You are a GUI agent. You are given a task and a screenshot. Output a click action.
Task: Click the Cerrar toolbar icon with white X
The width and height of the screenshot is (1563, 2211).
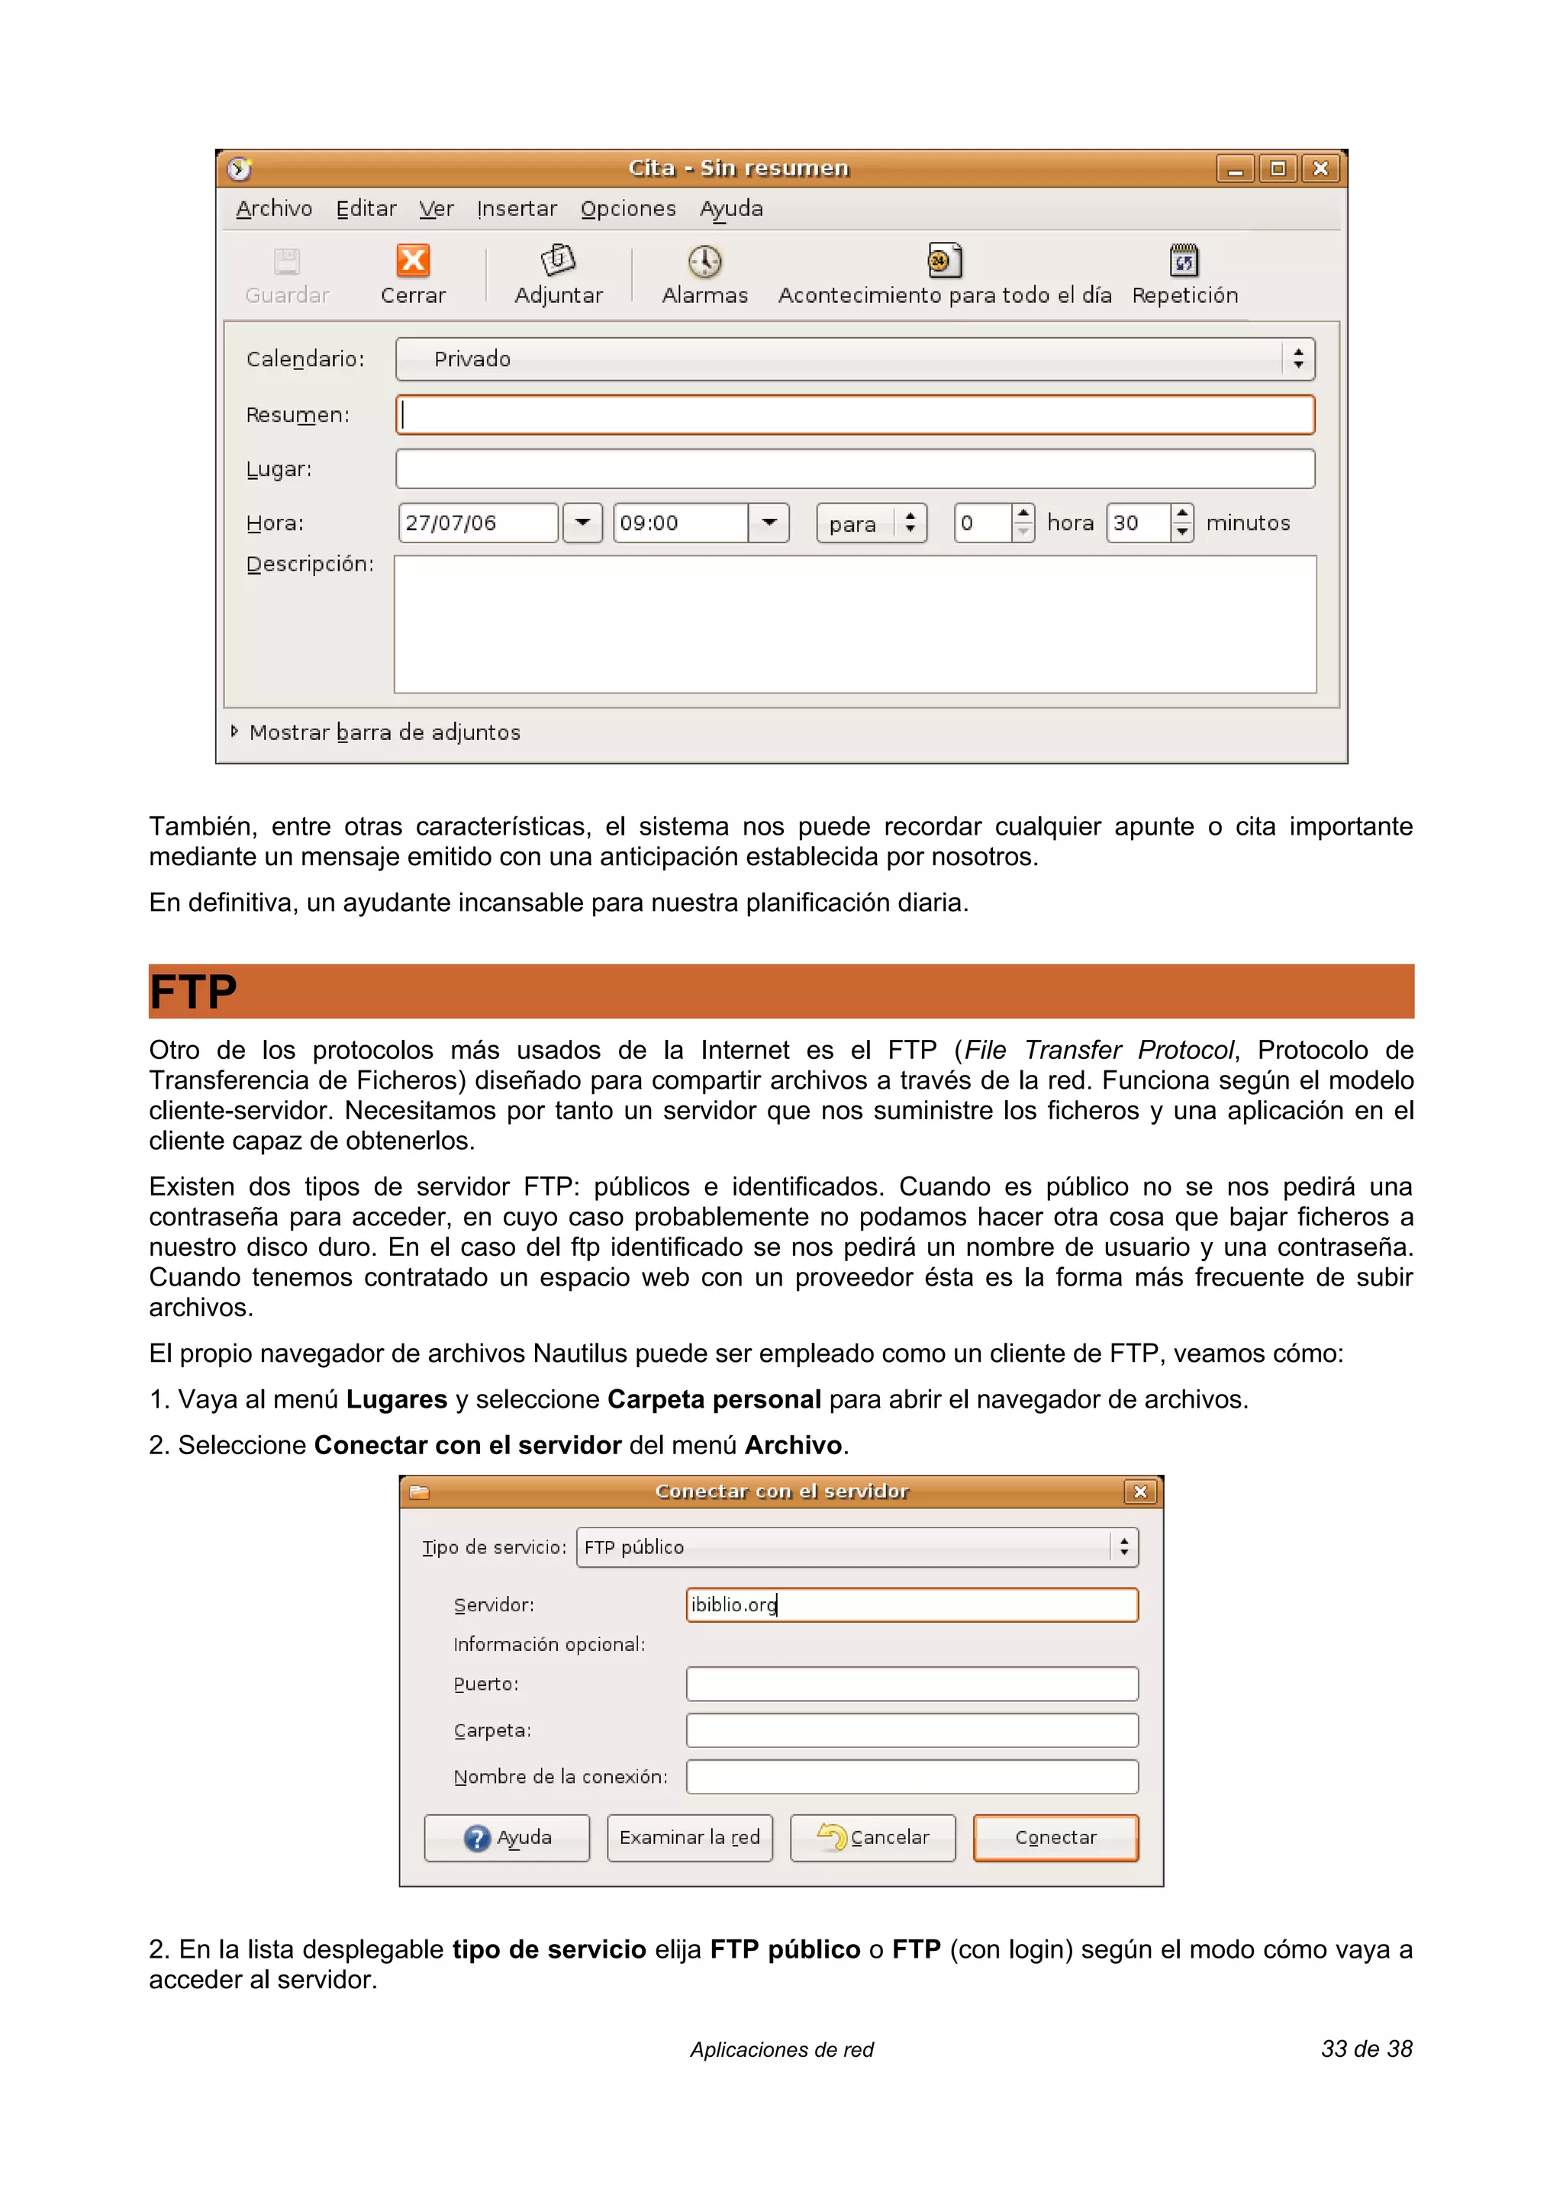[x=413, y=261]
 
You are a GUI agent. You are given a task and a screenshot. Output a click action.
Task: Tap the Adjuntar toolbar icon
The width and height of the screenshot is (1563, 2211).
[x=558, y=260]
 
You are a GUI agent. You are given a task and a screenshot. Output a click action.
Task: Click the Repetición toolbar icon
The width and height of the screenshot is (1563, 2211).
[x=1184, y=260]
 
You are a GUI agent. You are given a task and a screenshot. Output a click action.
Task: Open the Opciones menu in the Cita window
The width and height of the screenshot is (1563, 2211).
[x=628, y=209]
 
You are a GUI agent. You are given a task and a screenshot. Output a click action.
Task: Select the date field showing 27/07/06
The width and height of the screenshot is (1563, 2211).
[x=478, y=523]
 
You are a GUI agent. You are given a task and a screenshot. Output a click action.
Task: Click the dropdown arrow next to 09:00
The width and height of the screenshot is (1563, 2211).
[x=769, y=523]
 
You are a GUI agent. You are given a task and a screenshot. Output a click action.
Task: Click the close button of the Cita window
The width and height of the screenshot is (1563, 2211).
[x=1321, y=169]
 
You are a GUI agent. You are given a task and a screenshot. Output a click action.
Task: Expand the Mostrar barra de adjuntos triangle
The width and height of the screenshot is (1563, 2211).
[x=234, y=732]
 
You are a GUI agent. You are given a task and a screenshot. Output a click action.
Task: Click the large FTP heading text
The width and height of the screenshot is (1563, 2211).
[x=194, y=992]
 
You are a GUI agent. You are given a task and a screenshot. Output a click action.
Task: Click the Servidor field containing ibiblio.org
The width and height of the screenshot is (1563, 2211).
[x=911, y=1604]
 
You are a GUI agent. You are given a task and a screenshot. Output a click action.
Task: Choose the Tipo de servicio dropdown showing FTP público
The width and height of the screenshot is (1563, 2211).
[x=856, y=1546]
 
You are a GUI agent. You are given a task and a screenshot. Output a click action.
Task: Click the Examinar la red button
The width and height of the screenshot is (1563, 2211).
[x=689, y=1837]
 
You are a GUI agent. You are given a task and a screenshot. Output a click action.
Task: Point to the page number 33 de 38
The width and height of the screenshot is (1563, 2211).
[x=1365, y=2049]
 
